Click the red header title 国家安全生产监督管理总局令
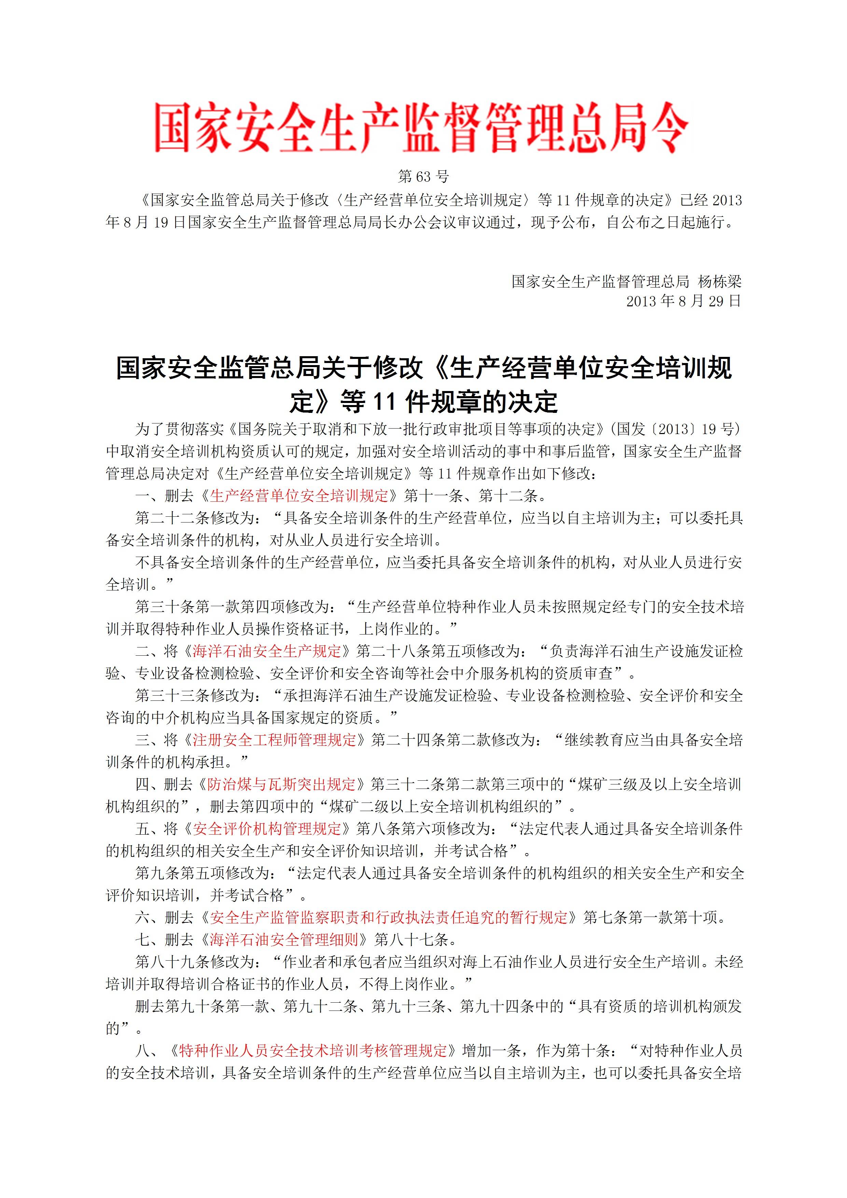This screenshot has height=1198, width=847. click(x=422, y=128)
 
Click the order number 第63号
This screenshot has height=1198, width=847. click(x=423, y=177)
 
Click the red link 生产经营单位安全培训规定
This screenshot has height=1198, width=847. click(x=299, y=495)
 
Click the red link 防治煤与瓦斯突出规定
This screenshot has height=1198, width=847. click(x=281, y=784)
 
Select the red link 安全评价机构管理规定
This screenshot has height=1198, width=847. click(x=267, y=828)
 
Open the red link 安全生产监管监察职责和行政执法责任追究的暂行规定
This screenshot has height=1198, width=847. click(x=389, y=917)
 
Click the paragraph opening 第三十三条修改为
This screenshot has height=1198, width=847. click(x=196, y=696)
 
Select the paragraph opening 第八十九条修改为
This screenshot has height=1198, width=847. click(x=196, y=962)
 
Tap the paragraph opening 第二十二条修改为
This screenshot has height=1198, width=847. click(x=196, y=518)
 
